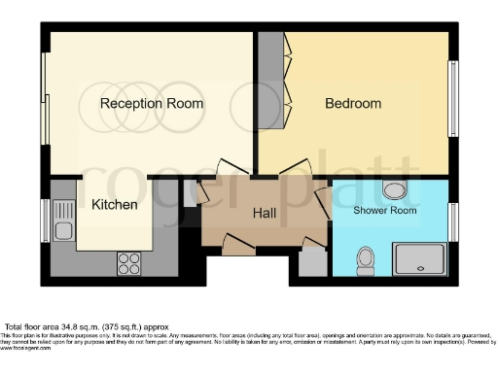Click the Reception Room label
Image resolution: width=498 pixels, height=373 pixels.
(153, 103)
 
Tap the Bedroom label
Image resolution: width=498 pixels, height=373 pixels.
(352, 103)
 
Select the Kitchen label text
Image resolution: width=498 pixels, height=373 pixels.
(115, 205)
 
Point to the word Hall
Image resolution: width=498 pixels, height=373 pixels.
(266, 213)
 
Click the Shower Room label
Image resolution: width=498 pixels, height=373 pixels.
(384, 210)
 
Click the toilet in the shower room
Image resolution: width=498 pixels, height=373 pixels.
(366, 258)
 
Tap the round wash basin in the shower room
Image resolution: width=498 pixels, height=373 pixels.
(395, 189)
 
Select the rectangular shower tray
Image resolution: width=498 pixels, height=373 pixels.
(419, 259)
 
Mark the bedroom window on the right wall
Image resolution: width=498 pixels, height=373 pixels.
(451, 99)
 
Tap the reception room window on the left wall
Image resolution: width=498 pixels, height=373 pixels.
(45, 115)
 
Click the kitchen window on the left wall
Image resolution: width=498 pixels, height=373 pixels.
(45, 220)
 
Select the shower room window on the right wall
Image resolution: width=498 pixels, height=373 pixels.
(451, 221)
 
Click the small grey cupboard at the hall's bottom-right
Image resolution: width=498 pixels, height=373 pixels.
(312, 262)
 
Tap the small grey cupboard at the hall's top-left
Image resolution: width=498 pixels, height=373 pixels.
(191, 192)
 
